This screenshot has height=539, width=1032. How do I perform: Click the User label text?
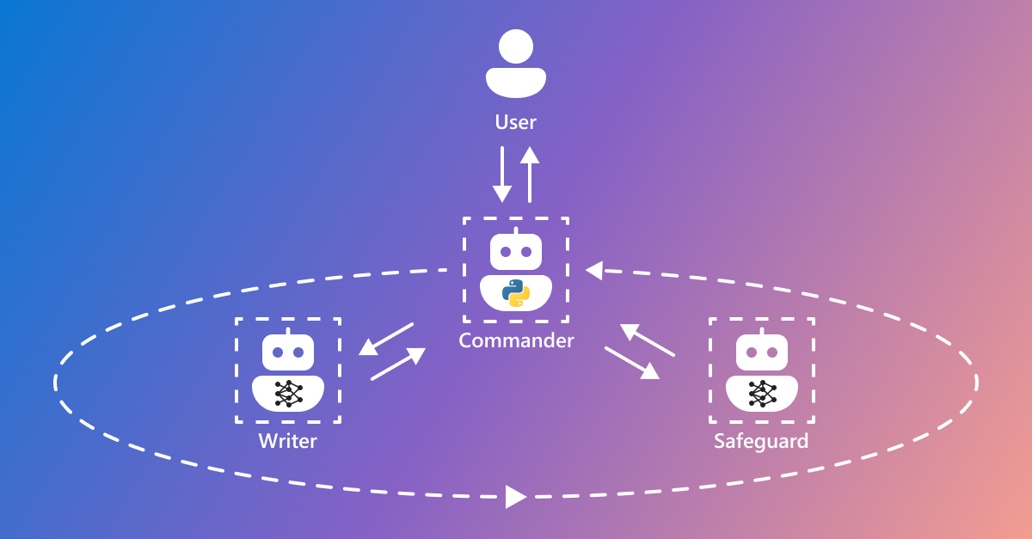[x=515, y=122]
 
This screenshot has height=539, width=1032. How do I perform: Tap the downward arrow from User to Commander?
[x=502, y=175]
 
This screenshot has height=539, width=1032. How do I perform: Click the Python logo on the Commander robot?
[x=516, y=293]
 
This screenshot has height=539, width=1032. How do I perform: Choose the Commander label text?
[x=516, y=340]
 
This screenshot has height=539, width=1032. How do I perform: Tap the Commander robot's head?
[x=516, y=252]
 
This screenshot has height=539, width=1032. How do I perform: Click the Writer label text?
[x=288, y=442]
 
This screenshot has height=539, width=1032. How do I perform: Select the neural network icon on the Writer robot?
[x=288, y=393]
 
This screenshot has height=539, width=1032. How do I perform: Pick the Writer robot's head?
[x=288, y=352]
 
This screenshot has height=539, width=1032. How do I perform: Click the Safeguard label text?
[x=761, y=442]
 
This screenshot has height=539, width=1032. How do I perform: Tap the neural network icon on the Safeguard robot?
[x=761, y=393]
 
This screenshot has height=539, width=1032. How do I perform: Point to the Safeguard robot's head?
[x=761, y=352]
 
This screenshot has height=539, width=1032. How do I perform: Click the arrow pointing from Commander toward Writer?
[x=386, y=339]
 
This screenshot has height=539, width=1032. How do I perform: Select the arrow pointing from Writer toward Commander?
[x=398, y=364]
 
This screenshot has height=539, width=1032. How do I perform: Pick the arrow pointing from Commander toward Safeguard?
[x=632, y=362]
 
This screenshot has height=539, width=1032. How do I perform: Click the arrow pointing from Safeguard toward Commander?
[x=648, y=340]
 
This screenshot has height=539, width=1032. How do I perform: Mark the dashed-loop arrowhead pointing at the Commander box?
[x=593, y=271]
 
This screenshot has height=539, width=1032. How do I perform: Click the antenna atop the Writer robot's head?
[x=288, y=331]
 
